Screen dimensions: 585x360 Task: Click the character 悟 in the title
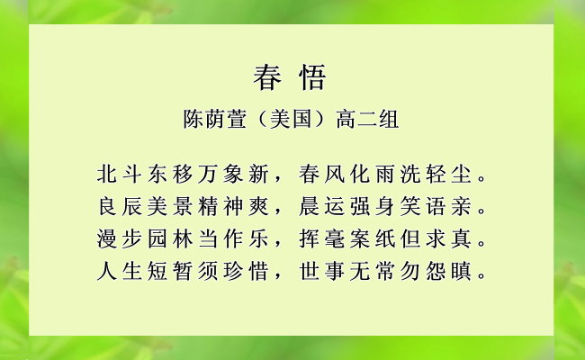[312, 77]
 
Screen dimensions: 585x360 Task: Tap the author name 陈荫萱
[215, 120]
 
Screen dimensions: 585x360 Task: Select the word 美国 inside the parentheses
[291, 120]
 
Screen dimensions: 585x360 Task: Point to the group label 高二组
[367, 120]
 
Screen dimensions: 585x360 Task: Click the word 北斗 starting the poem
[120, 175]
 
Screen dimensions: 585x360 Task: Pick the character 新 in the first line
[258, 175]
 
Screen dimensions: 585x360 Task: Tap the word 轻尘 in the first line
[448, 175]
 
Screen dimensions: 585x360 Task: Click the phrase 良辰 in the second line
[120, 206]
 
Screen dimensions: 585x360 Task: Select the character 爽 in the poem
[258, 206]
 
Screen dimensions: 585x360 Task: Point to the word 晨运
[322, 206]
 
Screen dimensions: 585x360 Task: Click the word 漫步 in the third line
[120, 238]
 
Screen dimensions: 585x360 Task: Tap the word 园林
[170, 238]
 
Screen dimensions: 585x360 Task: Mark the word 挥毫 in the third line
[322, 238]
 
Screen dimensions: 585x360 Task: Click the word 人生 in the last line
[120, 271]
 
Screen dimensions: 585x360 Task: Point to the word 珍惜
[246, 271]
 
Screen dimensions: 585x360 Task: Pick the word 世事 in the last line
[322, 271]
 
